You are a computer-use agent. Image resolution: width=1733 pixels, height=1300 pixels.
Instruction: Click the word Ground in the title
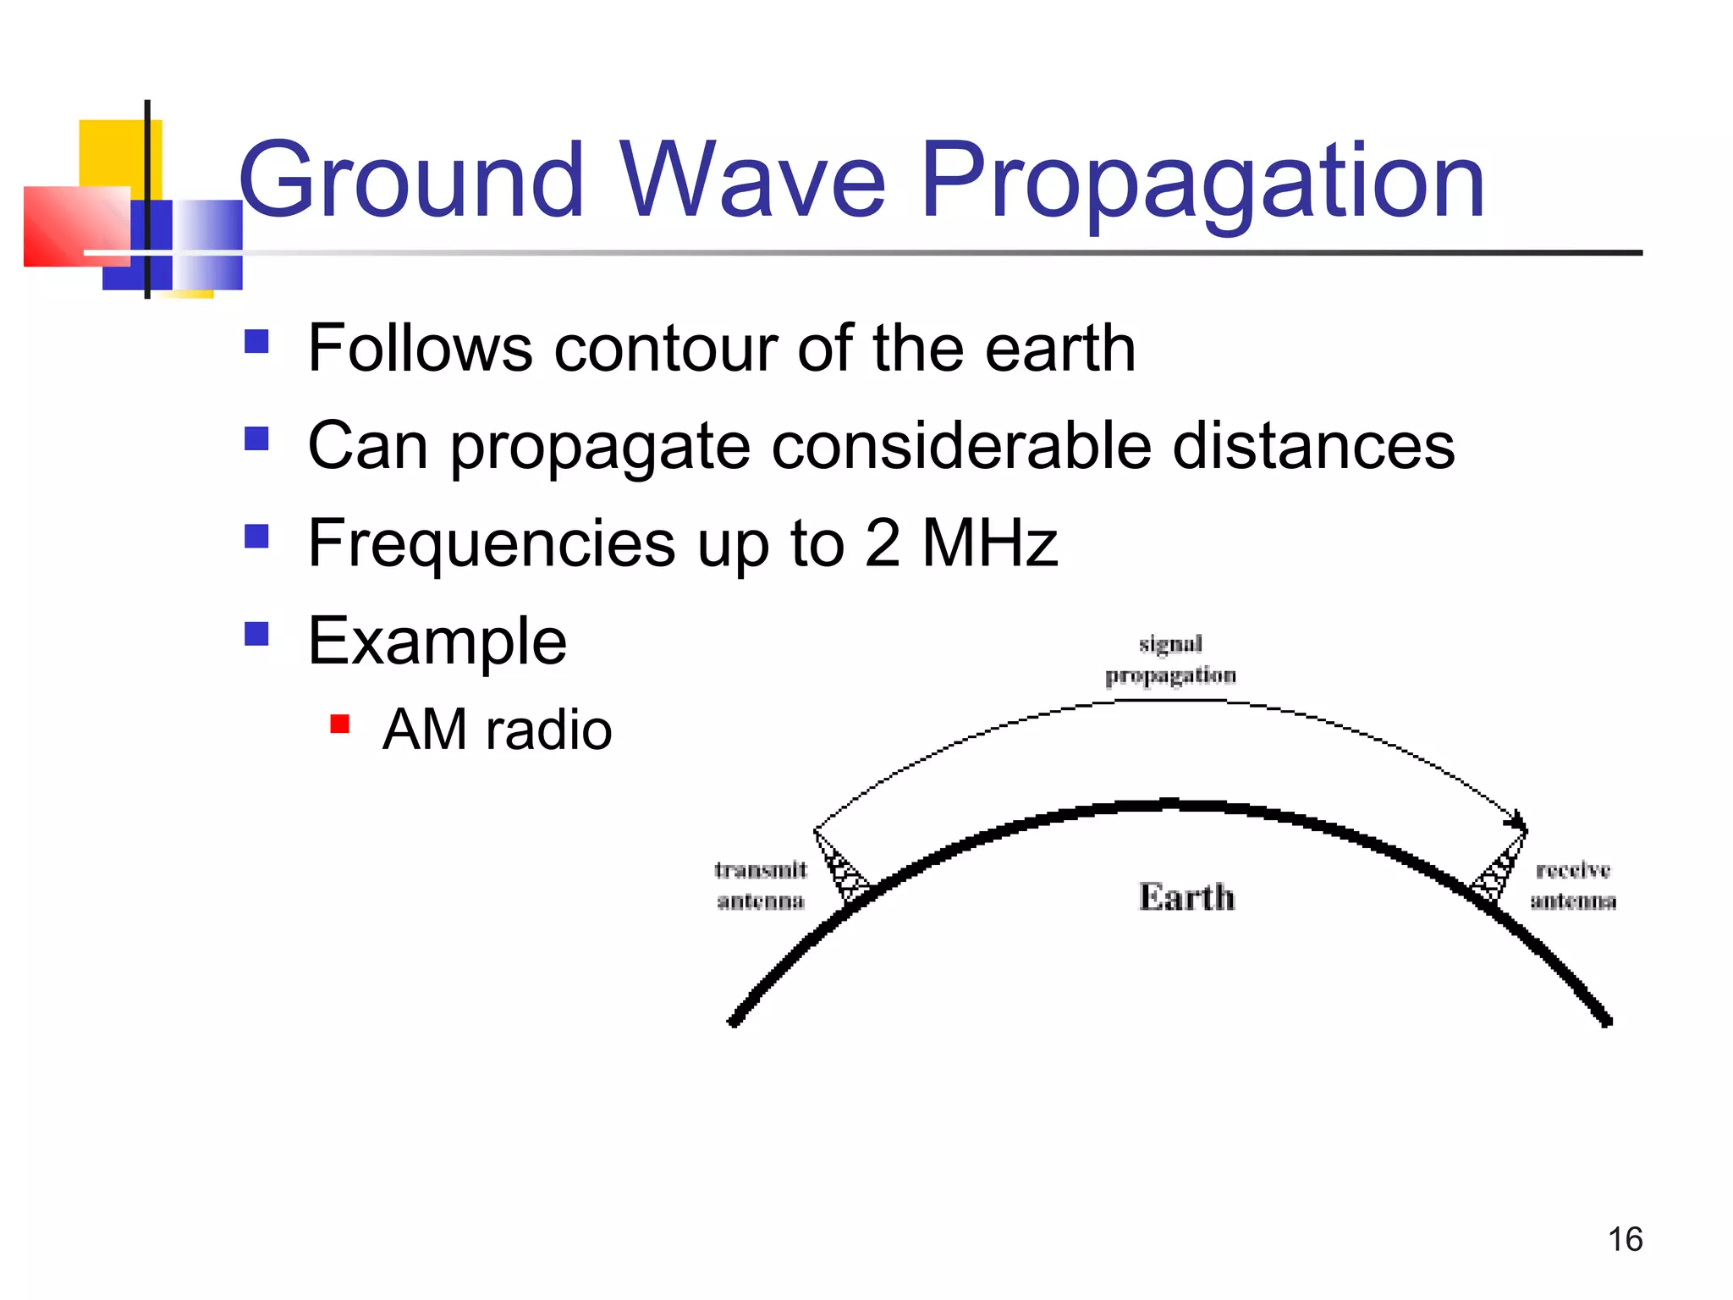(x=412, y=180)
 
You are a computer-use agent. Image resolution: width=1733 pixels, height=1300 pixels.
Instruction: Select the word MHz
(x=989, y=543)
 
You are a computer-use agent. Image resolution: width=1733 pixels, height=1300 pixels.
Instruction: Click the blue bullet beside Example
(x=256, y=634)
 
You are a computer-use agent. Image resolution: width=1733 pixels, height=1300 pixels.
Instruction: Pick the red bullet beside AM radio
(x=340, y=724)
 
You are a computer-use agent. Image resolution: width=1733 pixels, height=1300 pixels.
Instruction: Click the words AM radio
(x=497, y=730)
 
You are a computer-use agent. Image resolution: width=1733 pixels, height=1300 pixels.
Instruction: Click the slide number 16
(x=1625, y=1239)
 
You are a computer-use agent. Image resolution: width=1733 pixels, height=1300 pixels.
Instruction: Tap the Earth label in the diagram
(x=1186, y=897)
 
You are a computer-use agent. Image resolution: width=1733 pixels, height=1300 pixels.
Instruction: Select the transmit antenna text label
(x=760, y=885)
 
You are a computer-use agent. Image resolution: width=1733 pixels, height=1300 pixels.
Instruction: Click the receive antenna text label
(x=1573, y=885)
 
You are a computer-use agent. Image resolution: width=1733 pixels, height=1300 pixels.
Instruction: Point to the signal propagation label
(x=1170, y=659)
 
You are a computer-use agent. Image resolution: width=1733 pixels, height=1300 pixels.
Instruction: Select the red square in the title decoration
(x=76, y=227)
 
